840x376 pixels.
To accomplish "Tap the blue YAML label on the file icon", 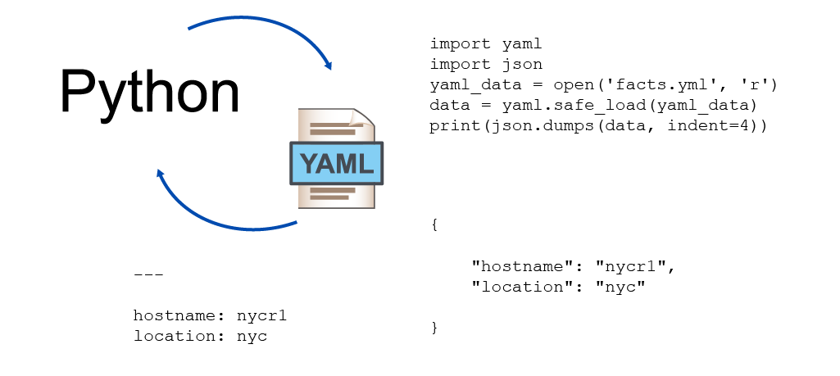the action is tap(337, 163).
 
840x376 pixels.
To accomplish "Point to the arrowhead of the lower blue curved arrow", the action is tap(160, 175).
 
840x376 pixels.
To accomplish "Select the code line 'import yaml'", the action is tap(486, 44).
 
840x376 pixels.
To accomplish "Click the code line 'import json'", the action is tap(486, 64).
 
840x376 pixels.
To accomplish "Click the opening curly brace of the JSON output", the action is tap(434, 225).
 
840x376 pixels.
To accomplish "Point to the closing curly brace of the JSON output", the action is tap(434, 328).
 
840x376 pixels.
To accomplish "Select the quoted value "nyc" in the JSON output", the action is tap(620, 287).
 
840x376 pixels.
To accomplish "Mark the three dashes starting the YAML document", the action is tap(148, 274).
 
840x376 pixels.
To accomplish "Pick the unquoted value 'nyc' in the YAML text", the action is tap(252, 337).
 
